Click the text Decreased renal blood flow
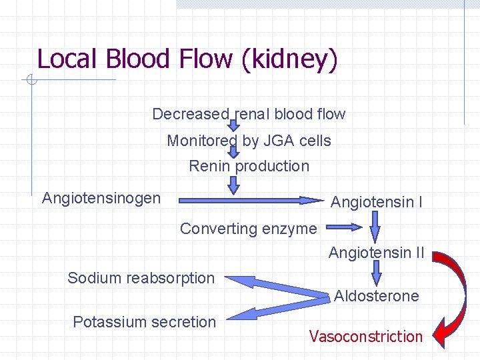point(249,114)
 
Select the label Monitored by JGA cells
point(249,141)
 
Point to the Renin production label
point(249,166)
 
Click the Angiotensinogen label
point(101,198)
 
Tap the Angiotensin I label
point(376,201)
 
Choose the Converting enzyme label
point(248,229)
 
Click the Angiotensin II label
point(376,253)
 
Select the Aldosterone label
point(376,296)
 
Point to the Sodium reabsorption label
point(141,278)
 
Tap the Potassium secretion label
point(144,322)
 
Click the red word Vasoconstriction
point(365,337)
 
